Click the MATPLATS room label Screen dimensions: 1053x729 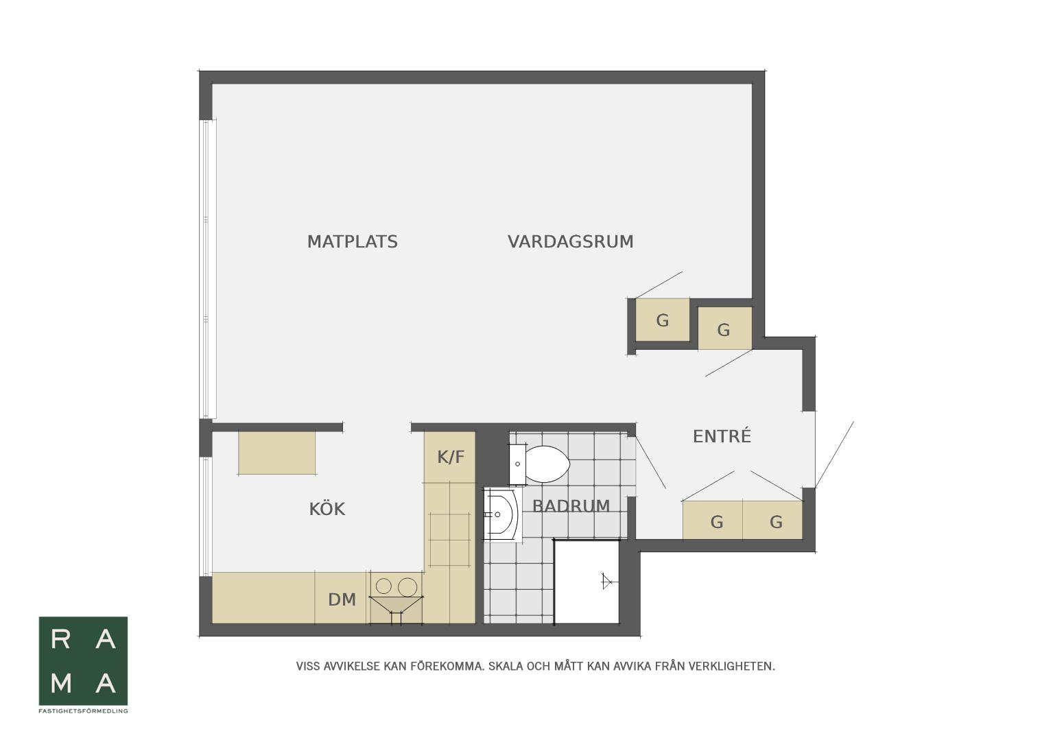tap(352, 242)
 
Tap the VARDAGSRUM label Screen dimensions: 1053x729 tap(570, 242)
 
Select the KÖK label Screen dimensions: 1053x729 tap(327, 508)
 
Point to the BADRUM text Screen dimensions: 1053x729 tap(571, 506)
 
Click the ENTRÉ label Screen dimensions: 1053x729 tap(722, 435)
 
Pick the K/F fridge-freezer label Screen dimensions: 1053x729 tap(450, 457)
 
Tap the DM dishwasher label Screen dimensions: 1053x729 tap(342, 600)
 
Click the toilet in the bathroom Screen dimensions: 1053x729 tap(540, 464)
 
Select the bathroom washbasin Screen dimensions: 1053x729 tap(503, 514)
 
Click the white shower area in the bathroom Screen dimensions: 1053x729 tap(587, 582)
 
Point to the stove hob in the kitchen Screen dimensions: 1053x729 tap(449, 540)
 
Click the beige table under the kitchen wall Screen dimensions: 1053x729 tap(277, 453)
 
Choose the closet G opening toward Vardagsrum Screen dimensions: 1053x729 tap(663, 320)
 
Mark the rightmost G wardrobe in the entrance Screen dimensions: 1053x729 tap(773, 520)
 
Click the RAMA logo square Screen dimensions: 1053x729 tap(83, 661)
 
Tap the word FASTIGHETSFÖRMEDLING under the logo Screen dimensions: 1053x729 tap(83, 711)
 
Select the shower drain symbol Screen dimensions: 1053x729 tap(606, 582)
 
